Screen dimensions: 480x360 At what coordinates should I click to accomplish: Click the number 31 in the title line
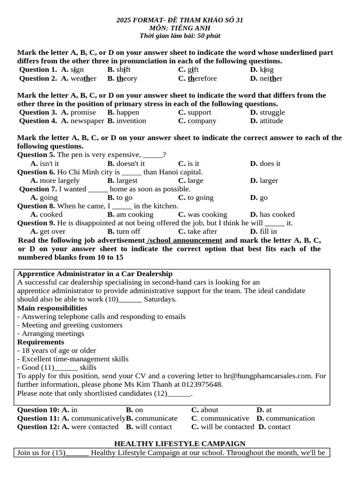coord(239,20)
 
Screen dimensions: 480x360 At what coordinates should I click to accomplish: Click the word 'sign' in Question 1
coord(77,70)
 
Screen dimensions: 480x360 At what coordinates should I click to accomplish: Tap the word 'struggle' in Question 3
coord(272,112)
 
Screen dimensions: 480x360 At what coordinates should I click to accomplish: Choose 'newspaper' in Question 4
coord(87,121)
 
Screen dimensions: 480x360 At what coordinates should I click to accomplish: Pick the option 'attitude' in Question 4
coord(271,121)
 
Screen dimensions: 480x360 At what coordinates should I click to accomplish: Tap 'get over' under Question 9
coord(52,231)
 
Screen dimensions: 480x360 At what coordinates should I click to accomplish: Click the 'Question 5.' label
coord(36,155)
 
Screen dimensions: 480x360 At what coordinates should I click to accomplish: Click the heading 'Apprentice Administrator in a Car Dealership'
coord(95,274)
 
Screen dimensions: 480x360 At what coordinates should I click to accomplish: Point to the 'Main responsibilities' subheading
coord(52,308)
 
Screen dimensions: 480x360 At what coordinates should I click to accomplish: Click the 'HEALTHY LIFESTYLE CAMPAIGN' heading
coord(180,443)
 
